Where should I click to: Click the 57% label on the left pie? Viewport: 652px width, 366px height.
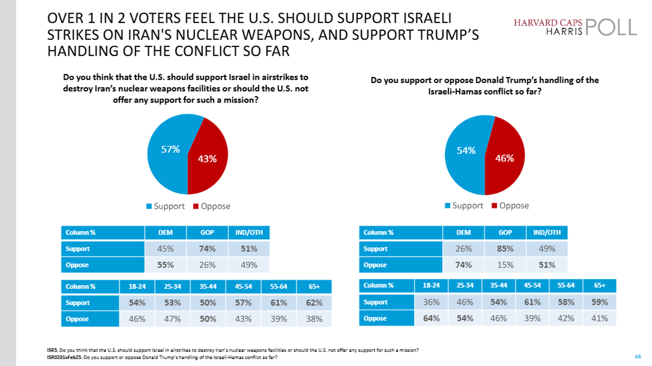pos(170,149)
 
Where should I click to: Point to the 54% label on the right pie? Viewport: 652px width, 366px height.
pos(466,151)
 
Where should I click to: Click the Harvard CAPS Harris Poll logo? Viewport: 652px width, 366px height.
pos(575,27)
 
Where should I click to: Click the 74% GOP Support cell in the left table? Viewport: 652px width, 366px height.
pos(207,249)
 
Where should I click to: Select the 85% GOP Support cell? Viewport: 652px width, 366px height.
pos(505,249)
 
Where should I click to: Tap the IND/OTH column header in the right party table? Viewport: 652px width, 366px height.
pos(547,232)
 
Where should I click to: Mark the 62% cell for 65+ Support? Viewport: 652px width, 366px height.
pos(314,303)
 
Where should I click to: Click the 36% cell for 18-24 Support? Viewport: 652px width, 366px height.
pos(431,302)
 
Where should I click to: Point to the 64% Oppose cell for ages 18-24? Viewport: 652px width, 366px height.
pos(431,318)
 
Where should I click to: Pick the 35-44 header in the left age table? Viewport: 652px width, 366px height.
pos(208,287)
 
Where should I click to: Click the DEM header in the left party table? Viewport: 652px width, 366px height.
pos(165,232)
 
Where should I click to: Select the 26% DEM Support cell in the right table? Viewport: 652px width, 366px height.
pos(463,249)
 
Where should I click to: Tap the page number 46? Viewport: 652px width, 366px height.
pos(638,357)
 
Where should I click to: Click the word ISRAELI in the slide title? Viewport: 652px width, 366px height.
pos(427,18)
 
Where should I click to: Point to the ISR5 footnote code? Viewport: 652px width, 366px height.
pos(52,350)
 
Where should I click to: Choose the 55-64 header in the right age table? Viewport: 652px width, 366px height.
pos(566,285)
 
